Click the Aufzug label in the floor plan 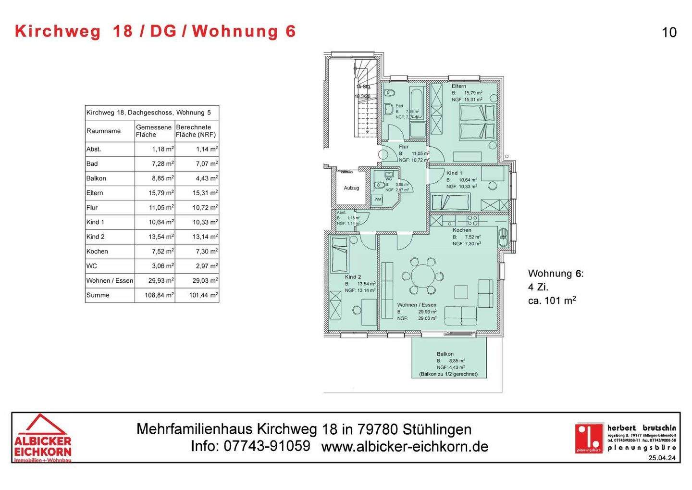351,188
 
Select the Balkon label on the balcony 445,354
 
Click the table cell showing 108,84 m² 159,295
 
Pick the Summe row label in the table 98,295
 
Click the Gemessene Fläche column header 154,131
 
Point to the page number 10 669,32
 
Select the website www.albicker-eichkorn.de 405,447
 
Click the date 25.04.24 662,458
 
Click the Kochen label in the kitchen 462,230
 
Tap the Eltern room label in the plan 458,86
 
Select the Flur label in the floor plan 404,147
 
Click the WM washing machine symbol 378,199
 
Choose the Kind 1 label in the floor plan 454,173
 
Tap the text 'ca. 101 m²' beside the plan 552,301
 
